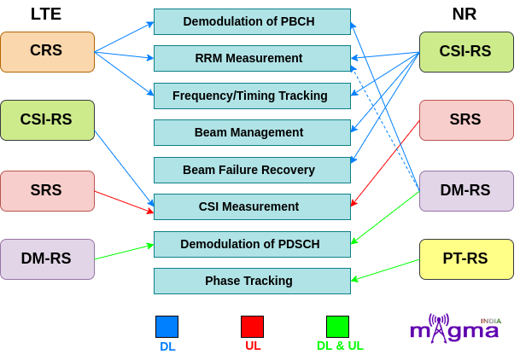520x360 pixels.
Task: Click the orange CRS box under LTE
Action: (48, 52)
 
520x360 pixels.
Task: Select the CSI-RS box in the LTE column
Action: (48, 120)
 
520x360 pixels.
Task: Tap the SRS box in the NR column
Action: (466, 120)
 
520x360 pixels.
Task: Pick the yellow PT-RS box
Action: (466, 259)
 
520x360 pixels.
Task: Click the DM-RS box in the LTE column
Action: (48, 259)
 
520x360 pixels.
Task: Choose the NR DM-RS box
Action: (466, 191)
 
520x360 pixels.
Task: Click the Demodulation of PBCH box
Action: (252, 21)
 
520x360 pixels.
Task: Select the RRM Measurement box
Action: (252, 58)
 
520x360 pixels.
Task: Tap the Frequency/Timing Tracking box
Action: (252, 96)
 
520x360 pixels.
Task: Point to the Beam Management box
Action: (252, 132)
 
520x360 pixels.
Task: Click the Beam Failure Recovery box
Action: (252, 170)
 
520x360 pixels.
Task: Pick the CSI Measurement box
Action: (252, 206)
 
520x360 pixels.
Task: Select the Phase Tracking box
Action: (252, 281)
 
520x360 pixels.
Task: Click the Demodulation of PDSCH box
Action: (252, 244)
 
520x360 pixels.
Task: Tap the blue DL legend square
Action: (167, 327)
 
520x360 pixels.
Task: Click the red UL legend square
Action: (253, 327)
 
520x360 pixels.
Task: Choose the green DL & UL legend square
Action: (337, 327)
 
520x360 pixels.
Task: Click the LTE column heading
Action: (46, 14)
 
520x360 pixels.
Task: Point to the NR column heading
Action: (464, 14)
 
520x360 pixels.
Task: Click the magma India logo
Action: (455, 328)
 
